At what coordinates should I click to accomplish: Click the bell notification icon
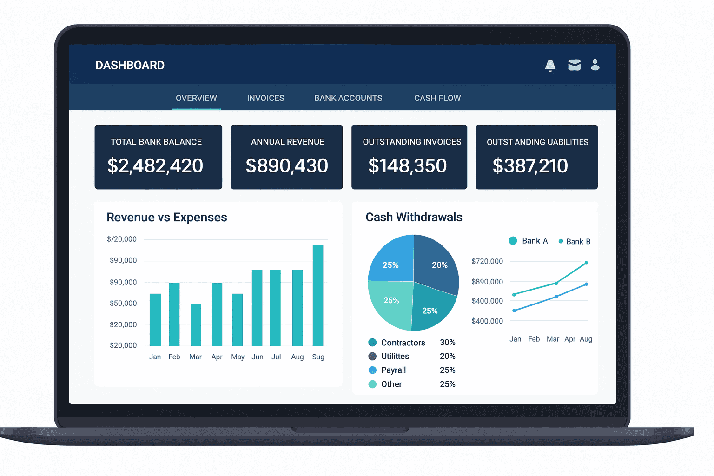[550, 66]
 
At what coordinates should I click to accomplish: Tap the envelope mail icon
[575, 65]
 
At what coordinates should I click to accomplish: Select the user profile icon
[595, 65]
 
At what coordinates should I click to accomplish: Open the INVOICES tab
[265, 98]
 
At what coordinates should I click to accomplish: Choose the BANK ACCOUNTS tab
[348, 98]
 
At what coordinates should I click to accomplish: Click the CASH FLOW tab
[437, 98]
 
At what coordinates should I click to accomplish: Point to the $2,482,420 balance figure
[155, 166]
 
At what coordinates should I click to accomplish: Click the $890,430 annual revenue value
[287, 166]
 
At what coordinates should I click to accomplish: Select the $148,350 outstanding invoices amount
[407, 166]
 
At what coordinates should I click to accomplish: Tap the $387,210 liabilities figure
[530, 166]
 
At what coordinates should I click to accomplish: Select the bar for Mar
[196, 324]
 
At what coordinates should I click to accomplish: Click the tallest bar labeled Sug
[318, 295]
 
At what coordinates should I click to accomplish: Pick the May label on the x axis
[238, 357]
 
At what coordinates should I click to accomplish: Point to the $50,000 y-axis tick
[123, 304]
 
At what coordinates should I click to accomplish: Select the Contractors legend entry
[403, 343]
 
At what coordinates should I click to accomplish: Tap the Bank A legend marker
[513, 241]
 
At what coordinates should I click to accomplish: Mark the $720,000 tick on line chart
[487, 261]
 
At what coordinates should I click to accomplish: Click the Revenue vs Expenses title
[167, 218]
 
